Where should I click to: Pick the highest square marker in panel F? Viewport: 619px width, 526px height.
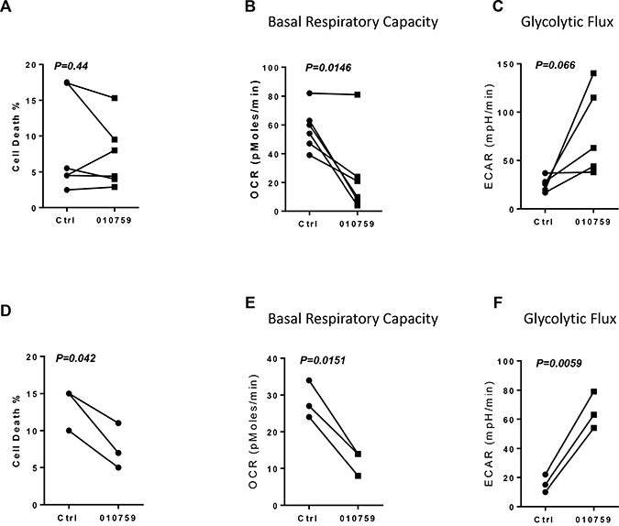pos(592,392)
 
